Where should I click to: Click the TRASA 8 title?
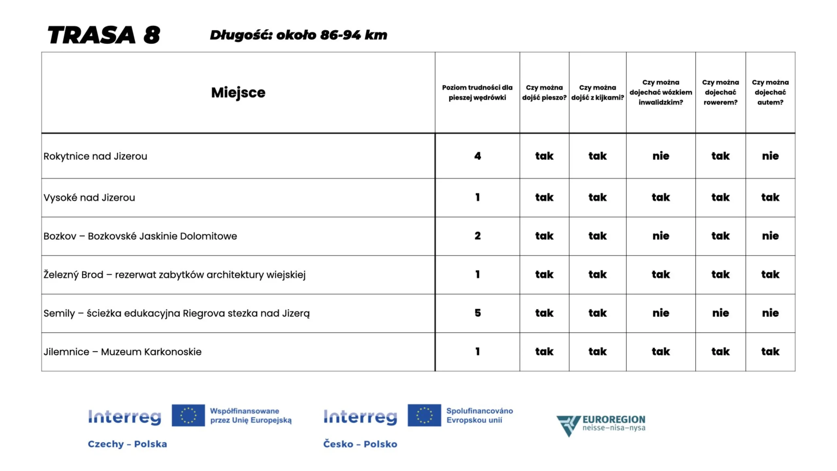pyautogui.click(x=104, y=35)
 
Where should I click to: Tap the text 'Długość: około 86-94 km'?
pyautogui.click(x=298, y=35)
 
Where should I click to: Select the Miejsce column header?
pyautogui.click(x=238, y=93)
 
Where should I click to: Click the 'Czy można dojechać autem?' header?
pyautogui.click(x=770, y=92)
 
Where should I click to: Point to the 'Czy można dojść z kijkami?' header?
pyautogui.click(x=597, y=93)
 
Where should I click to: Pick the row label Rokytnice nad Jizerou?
pyautogui.click(x=95, y=156)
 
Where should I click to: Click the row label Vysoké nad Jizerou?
pyautogui.click(x=89, y=198)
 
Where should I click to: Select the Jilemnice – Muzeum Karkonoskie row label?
pyautogui.click(x=122, y=352)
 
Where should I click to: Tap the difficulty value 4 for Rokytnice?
pyautogui.click(x=477, y=156)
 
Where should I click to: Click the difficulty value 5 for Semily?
pyautogui.click(x=477, y=313)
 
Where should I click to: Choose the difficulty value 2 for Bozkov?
pyautogui.click(x=477, y=236)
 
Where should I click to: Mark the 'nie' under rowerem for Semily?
pyautogui.click(x=720, y=313)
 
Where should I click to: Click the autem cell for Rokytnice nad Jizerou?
pyautogui.click(x=770, y=156)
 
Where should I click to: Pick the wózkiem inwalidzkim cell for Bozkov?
pyautogui.click(x=660, y=236)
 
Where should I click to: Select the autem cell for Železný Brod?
pyautogui.click(x=770, y=274)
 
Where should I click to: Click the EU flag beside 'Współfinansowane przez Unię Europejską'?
pyautogui.click(x=188, y=415)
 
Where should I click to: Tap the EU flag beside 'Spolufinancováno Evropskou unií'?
pyautogui.click(x=424, y=415)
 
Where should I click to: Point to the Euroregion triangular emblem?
pyautogui.click(x=568, y=425)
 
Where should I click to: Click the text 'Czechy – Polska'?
pyautogui.click(x=127, y=444)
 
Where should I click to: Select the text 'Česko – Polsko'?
pyautogui.click(x=360, y=444)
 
